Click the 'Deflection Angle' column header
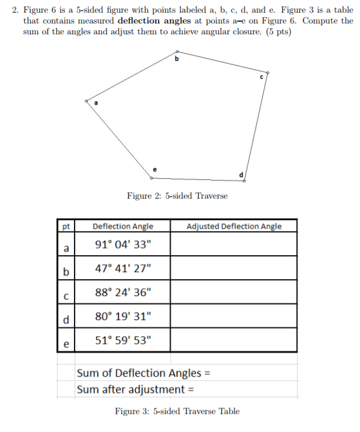pos(123,226)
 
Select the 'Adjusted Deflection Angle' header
pos(234,226)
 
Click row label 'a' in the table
pos(66,247)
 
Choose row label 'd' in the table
pos(66,318)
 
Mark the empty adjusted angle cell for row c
pos(234,292)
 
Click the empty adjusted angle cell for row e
pos(234,340)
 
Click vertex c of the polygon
pos(267,73)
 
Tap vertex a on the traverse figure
pos(87,100)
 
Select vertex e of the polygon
pos(151,177)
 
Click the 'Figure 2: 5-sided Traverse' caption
pos(177,196)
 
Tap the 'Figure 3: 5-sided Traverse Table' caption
pos(177,412)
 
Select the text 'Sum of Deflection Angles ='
pos(143,373)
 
